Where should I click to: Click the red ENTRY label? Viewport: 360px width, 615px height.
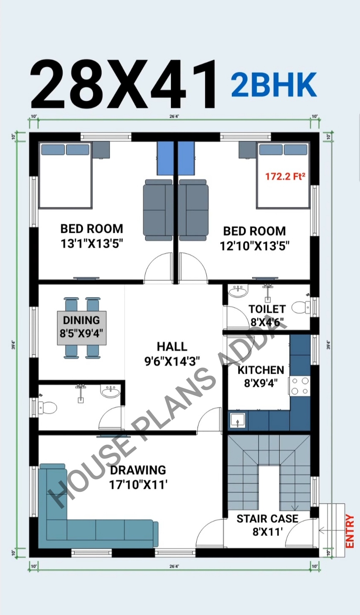[349, 531]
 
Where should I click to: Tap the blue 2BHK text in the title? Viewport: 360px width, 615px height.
[274, 85]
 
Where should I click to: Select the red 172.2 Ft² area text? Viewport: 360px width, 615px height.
[285, 176]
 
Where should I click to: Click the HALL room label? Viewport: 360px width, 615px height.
[172, 347]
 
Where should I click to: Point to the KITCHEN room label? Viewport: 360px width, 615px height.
[261, 370]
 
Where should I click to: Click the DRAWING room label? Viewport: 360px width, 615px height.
[138, 470]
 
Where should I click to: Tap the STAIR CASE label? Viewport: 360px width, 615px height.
[267, 518]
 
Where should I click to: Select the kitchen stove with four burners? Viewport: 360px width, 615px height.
[300, 386]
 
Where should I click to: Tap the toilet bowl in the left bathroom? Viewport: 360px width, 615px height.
[47, 408]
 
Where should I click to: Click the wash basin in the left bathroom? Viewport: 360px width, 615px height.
[110, 391]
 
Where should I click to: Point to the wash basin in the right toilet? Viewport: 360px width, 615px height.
[237, 291]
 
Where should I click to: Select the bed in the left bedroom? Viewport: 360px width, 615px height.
[65, 176]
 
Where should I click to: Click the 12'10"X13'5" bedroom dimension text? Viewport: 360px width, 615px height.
[255, 245]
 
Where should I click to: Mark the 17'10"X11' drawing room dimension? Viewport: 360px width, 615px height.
[138, 485]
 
